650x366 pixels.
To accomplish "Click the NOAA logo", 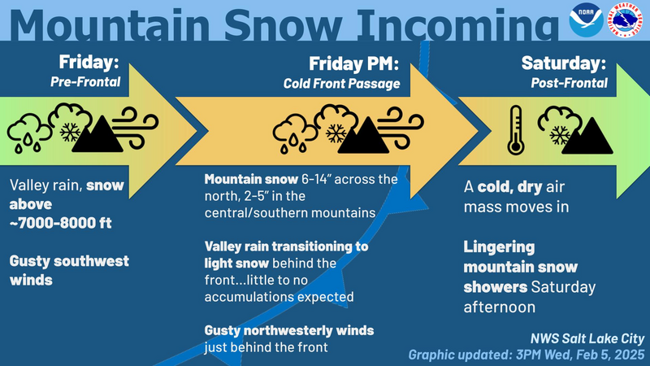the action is (586, 20).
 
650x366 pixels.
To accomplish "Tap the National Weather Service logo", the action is (625, 20).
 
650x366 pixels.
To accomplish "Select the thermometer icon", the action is (516, 130).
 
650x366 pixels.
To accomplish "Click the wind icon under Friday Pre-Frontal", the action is (135, 128).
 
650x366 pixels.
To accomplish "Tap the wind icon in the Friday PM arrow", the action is (401, 128).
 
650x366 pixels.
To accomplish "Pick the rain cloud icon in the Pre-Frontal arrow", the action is (29, 133).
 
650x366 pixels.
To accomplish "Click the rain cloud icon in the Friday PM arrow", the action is (295, 133).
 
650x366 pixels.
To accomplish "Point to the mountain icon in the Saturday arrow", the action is (587, 136).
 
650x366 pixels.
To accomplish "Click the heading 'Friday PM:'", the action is (354, 64).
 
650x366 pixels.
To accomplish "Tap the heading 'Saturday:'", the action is (564, 63).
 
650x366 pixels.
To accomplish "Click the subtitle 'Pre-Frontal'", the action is (85, 82).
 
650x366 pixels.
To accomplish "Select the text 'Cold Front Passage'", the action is (341, 84).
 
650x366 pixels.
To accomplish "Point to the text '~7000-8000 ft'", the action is (60, 223).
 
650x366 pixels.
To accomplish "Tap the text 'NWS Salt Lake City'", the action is (587, 339).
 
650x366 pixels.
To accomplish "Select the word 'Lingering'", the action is (499, 247).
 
